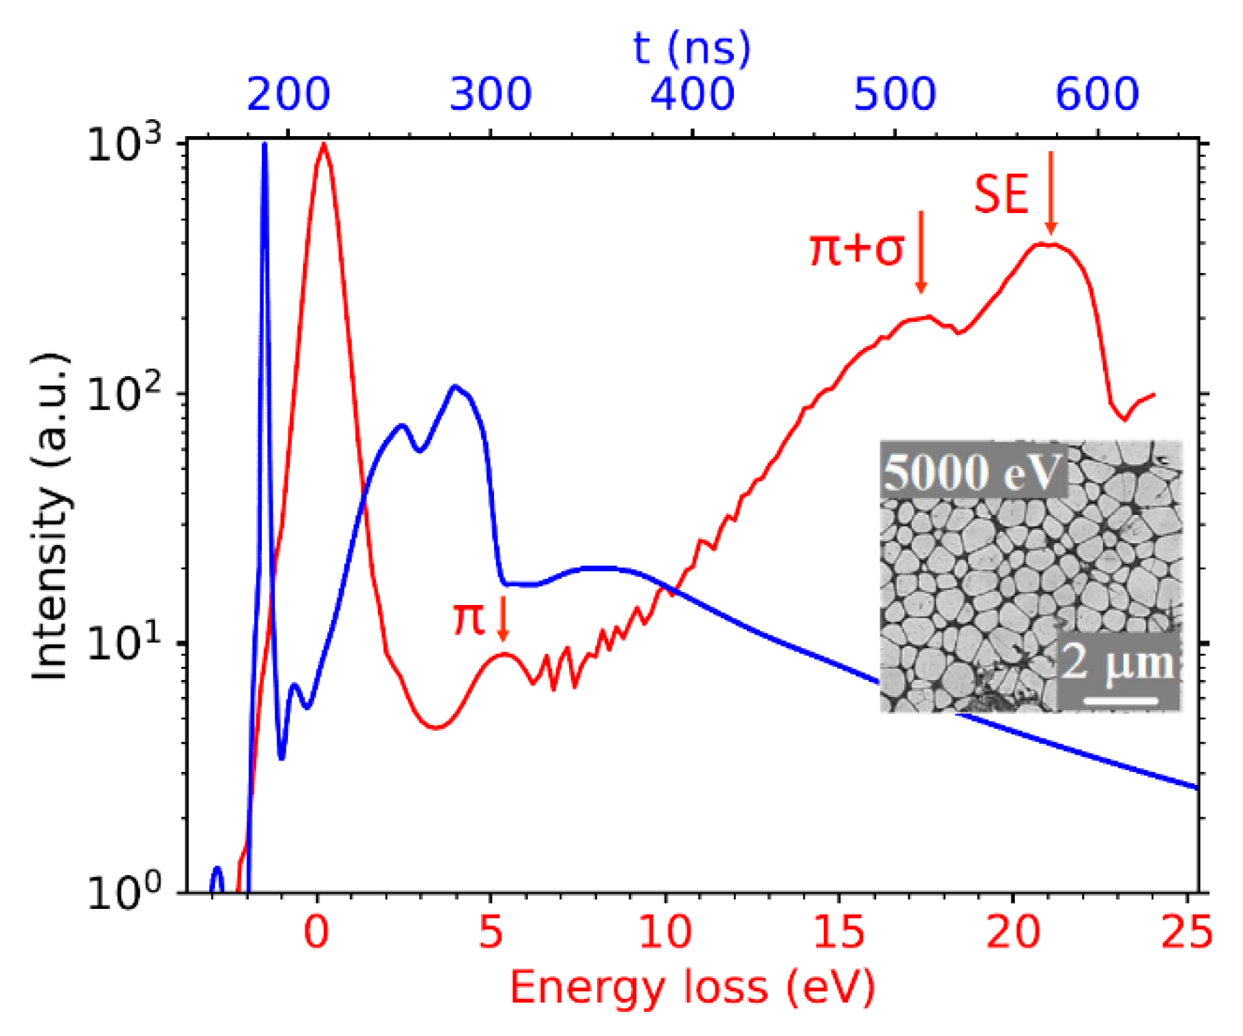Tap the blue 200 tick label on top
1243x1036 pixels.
(288, 94)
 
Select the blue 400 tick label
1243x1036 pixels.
(692, 94)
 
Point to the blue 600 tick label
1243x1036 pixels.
(1097, 94)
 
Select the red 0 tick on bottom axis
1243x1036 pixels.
(317, 933)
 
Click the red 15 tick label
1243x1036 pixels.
(838, 933)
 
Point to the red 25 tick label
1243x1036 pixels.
(1187, 933)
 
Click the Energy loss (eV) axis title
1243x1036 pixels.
(691, 988)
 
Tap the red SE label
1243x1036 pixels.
(1001, 195)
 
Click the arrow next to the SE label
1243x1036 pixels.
(1051, 192)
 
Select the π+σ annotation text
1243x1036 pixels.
(856, 248)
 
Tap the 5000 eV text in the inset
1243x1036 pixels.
(972, 473)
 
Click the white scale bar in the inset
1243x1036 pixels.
(1121, 701)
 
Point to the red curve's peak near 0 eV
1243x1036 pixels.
(323, 145)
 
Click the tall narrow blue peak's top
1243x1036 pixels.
(265, 145)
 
